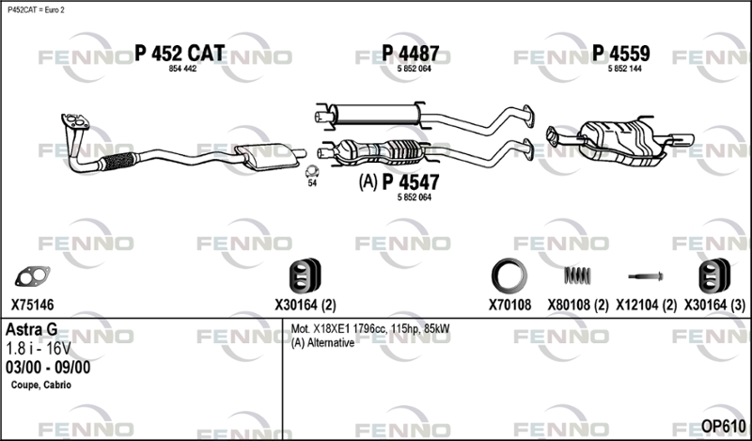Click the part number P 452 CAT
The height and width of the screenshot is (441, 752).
(x=180, y=54)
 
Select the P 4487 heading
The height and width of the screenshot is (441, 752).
(x=411, y=54)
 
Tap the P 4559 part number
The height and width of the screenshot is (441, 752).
(x=621, y=54)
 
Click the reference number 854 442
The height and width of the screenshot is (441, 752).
(x=182, y=69)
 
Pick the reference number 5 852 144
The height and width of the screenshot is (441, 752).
(x=624, y=69)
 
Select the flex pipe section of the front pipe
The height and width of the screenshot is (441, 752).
(x=118, y=161)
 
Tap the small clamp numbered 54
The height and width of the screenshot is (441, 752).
(x=312, y=171)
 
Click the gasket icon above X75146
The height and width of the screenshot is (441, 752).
(x=32, y=276)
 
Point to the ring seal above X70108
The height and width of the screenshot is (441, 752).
(x=509, y=276)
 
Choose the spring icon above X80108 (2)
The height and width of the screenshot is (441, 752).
(x=577, y=276)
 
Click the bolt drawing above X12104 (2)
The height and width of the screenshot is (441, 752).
(x=646, y=276)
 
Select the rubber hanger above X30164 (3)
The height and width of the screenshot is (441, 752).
(x=714, y=276)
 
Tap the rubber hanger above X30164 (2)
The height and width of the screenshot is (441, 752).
(x=305, y=276)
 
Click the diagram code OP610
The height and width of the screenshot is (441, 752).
(x=723, y=426)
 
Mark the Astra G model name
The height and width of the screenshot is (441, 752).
(x=32, y=330)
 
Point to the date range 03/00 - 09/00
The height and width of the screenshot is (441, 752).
(x=48, y=368)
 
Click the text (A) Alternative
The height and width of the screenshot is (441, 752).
(x=322, y=343)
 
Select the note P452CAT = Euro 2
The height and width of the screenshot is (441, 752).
(x=36, y=10)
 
